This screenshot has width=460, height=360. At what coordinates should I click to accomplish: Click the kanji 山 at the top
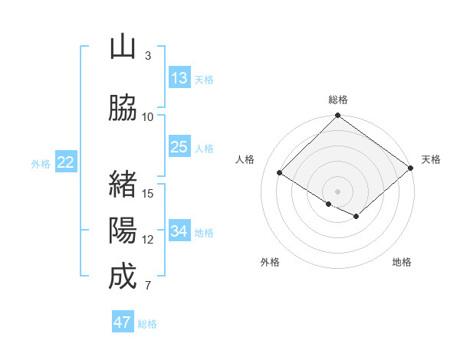click(123, 47)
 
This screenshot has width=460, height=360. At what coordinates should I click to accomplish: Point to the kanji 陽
click(123, 230)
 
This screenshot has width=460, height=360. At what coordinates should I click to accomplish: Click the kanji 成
click(123, 277)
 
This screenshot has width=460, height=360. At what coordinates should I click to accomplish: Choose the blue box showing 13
click(179, 78)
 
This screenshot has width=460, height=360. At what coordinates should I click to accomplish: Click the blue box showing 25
click(179, 147)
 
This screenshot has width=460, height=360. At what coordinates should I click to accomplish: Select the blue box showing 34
click(179, 231)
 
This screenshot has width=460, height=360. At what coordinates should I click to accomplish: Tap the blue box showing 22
click(66, 162)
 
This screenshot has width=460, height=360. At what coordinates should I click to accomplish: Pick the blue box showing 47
click(123, 322)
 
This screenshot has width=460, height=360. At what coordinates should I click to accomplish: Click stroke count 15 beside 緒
click(148, 193)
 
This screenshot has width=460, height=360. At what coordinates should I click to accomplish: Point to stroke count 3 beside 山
click(148, 55)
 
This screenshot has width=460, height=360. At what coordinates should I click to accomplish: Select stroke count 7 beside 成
click(148, 286)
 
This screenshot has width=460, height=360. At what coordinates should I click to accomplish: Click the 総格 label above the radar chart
click(338, 100)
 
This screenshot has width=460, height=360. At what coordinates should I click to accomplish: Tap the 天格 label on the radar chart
click(431, 159)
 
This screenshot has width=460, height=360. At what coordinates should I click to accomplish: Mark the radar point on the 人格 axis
click(280, 172)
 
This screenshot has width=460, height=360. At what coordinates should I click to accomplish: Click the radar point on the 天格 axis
click(410, 168)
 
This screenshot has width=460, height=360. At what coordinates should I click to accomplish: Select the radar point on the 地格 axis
click(356, 217)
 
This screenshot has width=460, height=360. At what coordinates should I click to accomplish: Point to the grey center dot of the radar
click(337, 191)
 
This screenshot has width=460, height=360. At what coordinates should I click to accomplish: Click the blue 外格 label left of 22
click(41, 163)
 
